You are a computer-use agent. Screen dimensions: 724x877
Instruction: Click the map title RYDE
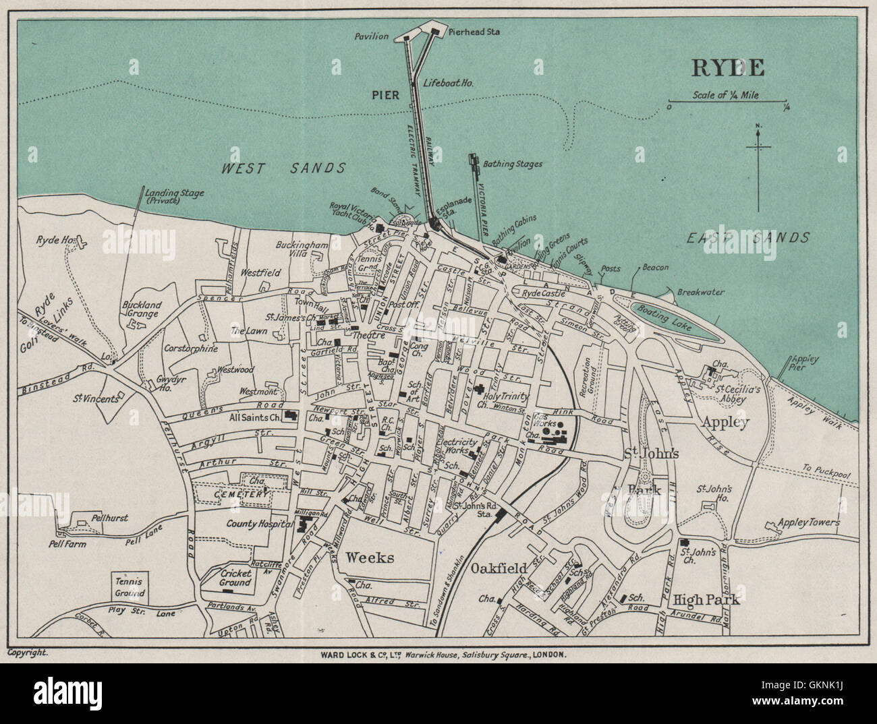pyautogui.click(x=727, y=68)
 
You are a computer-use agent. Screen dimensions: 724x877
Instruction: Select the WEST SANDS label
pyautogui.click(x=283, y=169)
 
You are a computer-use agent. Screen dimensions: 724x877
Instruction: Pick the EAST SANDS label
pyautogui.click(x=747, y=237)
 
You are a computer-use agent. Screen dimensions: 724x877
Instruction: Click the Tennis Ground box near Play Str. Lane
pyautogui.click(x=129, y=587)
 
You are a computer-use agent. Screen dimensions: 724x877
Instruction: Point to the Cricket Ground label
pyautogui.click(x=235, y=578)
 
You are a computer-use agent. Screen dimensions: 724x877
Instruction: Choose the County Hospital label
pyautogui.click(x=260, y=524)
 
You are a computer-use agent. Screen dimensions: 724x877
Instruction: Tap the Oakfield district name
pyautogui.click(x=499, y=569)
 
